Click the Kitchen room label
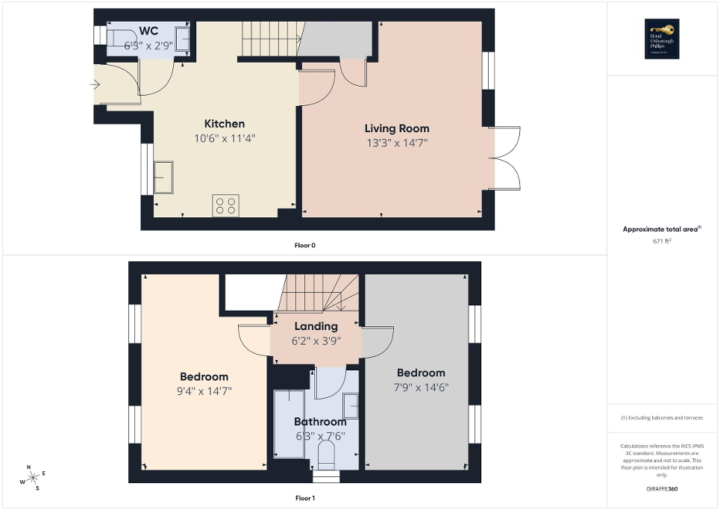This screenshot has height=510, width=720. (224, 123)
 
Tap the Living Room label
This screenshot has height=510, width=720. (396, 128)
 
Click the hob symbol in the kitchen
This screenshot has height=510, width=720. (226, 205)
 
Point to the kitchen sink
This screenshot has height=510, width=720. (163, 178)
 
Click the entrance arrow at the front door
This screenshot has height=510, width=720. (95, 84)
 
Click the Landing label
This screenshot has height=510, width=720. (316, 326)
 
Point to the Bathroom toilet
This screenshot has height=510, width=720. (327, 455)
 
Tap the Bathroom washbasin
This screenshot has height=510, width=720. (351, 406)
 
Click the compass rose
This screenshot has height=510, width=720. (32, 477)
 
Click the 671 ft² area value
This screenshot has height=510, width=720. (663, 242)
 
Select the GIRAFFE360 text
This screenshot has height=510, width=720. (663, 489)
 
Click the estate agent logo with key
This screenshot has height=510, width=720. (663, 38)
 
